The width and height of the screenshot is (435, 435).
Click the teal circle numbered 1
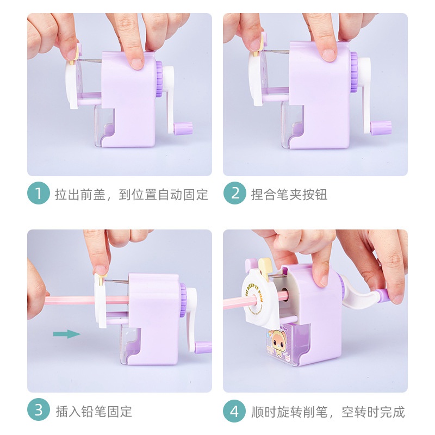[38, 193]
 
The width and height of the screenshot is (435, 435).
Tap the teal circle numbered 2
[235, 193]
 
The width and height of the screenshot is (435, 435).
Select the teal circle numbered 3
[38, 410]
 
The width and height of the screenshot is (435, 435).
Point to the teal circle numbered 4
[235, 411]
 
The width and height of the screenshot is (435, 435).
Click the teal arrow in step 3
[67, 334]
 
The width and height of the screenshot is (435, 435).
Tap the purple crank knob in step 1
[183, 128]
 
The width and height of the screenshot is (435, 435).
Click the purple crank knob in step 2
[381, 128]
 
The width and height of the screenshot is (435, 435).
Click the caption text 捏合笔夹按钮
[289, 194]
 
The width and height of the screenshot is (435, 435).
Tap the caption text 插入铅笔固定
[94, 412]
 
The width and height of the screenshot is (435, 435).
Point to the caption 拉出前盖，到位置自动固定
[131, 194]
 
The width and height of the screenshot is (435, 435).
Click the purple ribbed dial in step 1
[159, 78]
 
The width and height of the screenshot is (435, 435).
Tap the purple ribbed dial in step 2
[354, 72]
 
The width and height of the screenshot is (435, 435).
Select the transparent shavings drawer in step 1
[104, 126]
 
